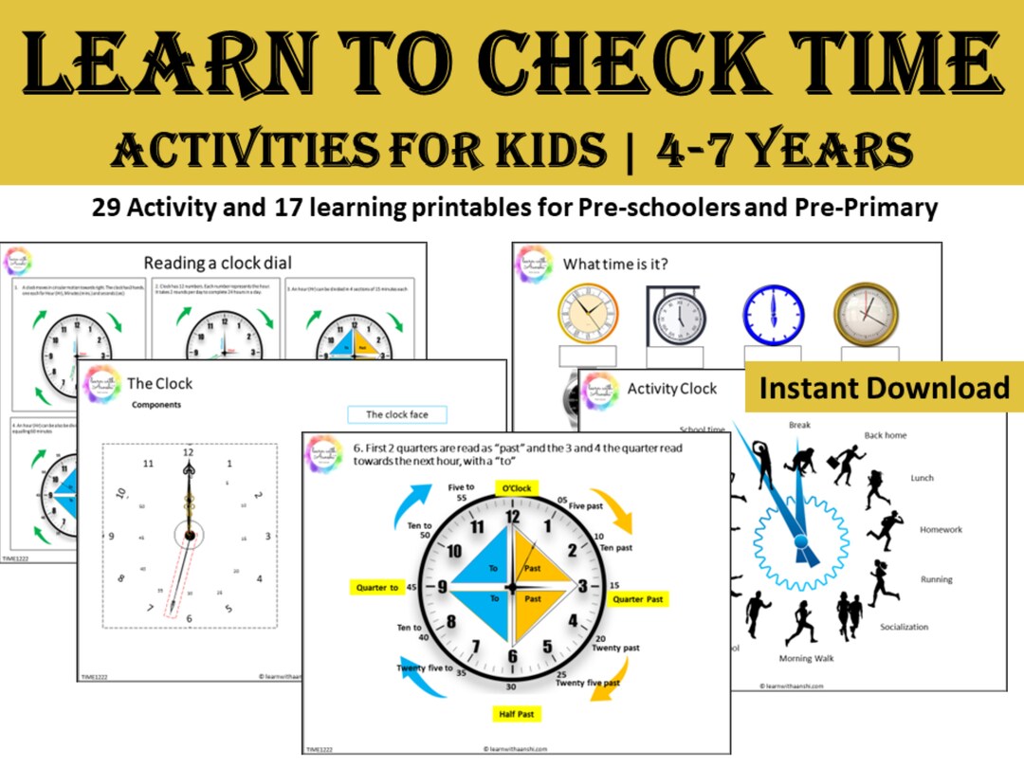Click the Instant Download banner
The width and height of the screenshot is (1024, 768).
point(884,387)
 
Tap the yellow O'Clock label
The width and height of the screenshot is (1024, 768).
point(513,488)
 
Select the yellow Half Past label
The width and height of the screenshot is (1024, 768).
point(514,713)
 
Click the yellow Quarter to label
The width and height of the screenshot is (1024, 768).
point(377,588)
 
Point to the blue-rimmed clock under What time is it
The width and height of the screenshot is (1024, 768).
point(773,314)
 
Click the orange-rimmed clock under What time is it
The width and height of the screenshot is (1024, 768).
point(587,314)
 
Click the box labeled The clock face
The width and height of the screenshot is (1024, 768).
point(394,414)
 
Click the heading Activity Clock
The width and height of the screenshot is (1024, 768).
point(671,388)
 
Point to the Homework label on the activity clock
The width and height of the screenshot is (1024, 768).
point(941,530)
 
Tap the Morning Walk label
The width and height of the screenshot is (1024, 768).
point(808,659)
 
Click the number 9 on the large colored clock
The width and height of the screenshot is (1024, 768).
point(442,588)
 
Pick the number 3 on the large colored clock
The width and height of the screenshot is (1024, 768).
point(583,588)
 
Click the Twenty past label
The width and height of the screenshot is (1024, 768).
point(616,648)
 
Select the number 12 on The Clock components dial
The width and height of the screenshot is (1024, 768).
point(188,452)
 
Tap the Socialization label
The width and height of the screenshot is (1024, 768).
point(904,627)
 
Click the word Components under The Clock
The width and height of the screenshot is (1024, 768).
point(157,404)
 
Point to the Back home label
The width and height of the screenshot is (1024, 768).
point(886,435)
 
